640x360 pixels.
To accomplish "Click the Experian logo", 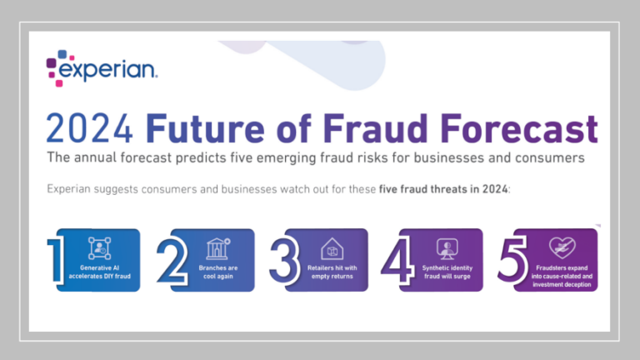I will click(x=101, y=68).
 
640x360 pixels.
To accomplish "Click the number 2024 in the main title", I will click(x=91, y=129).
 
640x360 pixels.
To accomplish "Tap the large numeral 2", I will click(x=172, y=259).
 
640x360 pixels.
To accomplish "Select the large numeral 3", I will click(x=283, y=259).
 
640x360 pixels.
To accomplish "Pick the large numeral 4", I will click(x=396, y=259).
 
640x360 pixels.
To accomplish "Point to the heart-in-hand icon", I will click(x=558, y=247).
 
